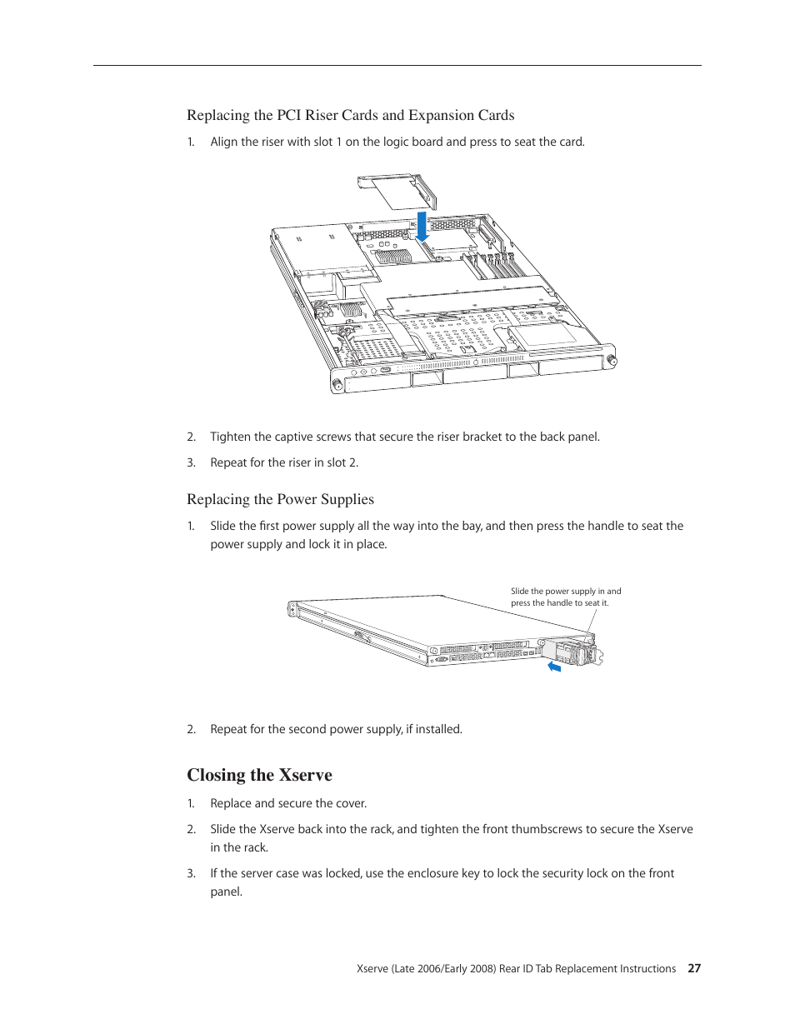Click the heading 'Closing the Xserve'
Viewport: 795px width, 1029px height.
click(x=259, y=775)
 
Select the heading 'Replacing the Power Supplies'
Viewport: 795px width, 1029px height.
click(x=280, y=499)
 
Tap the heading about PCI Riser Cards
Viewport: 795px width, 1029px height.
click(x=350, y=115)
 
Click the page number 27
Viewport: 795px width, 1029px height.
click(x=694, y=968)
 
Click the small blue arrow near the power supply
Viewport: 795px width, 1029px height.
click(x=554, y=667)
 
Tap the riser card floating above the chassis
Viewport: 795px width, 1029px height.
click(x=397, y=191)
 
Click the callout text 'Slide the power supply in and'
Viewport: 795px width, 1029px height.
click(x=566, y=591)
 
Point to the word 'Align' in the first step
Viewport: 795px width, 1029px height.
click(x=223, y=142)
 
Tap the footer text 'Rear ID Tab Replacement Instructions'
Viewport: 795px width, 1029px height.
click(x=587, y=968)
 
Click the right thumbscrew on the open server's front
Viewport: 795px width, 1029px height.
click(x=611, y=361)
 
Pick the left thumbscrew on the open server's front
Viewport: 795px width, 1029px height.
click(x=337, y=384)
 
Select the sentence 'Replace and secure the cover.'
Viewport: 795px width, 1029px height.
click(x=288, y=803)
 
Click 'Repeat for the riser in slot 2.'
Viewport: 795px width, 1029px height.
click(x=284, y=462)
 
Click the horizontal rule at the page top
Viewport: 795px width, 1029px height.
click(x=397, y=65)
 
